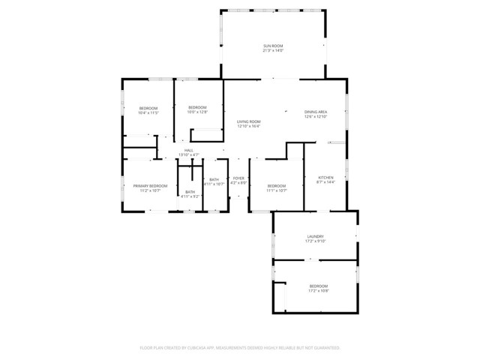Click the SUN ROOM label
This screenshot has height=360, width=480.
(272, 46)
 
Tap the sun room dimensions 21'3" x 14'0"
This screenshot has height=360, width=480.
(272, 52)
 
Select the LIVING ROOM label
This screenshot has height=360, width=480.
(248, 121)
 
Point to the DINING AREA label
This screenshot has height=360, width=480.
(315, 112)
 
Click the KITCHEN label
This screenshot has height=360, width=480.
(325, 177)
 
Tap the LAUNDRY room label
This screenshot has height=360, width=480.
(314, 236)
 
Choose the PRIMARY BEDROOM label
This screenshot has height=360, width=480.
(150, 185)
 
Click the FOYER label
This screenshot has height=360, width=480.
(238, 178)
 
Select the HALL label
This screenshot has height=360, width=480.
(189, 150)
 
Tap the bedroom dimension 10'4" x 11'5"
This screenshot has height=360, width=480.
(148, 114)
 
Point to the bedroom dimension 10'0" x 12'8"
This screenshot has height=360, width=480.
(197, 112)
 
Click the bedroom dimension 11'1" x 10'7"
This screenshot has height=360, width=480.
(276, 190)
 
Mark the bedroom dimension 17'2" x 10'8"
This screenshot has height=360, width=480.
(318, 292)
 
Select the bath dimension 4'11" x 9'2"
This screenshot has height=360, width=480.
(190, 196)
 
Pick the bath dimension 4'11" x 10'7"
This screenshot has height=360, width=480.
(214, 184)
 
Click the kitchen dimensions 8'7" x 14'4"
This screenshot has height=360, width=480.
(325, 182)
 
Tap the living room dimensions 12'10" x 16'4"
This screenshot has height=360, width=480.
(248, 127)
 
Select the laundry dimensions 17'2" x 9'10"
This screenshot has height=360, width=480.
(314, 241)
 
